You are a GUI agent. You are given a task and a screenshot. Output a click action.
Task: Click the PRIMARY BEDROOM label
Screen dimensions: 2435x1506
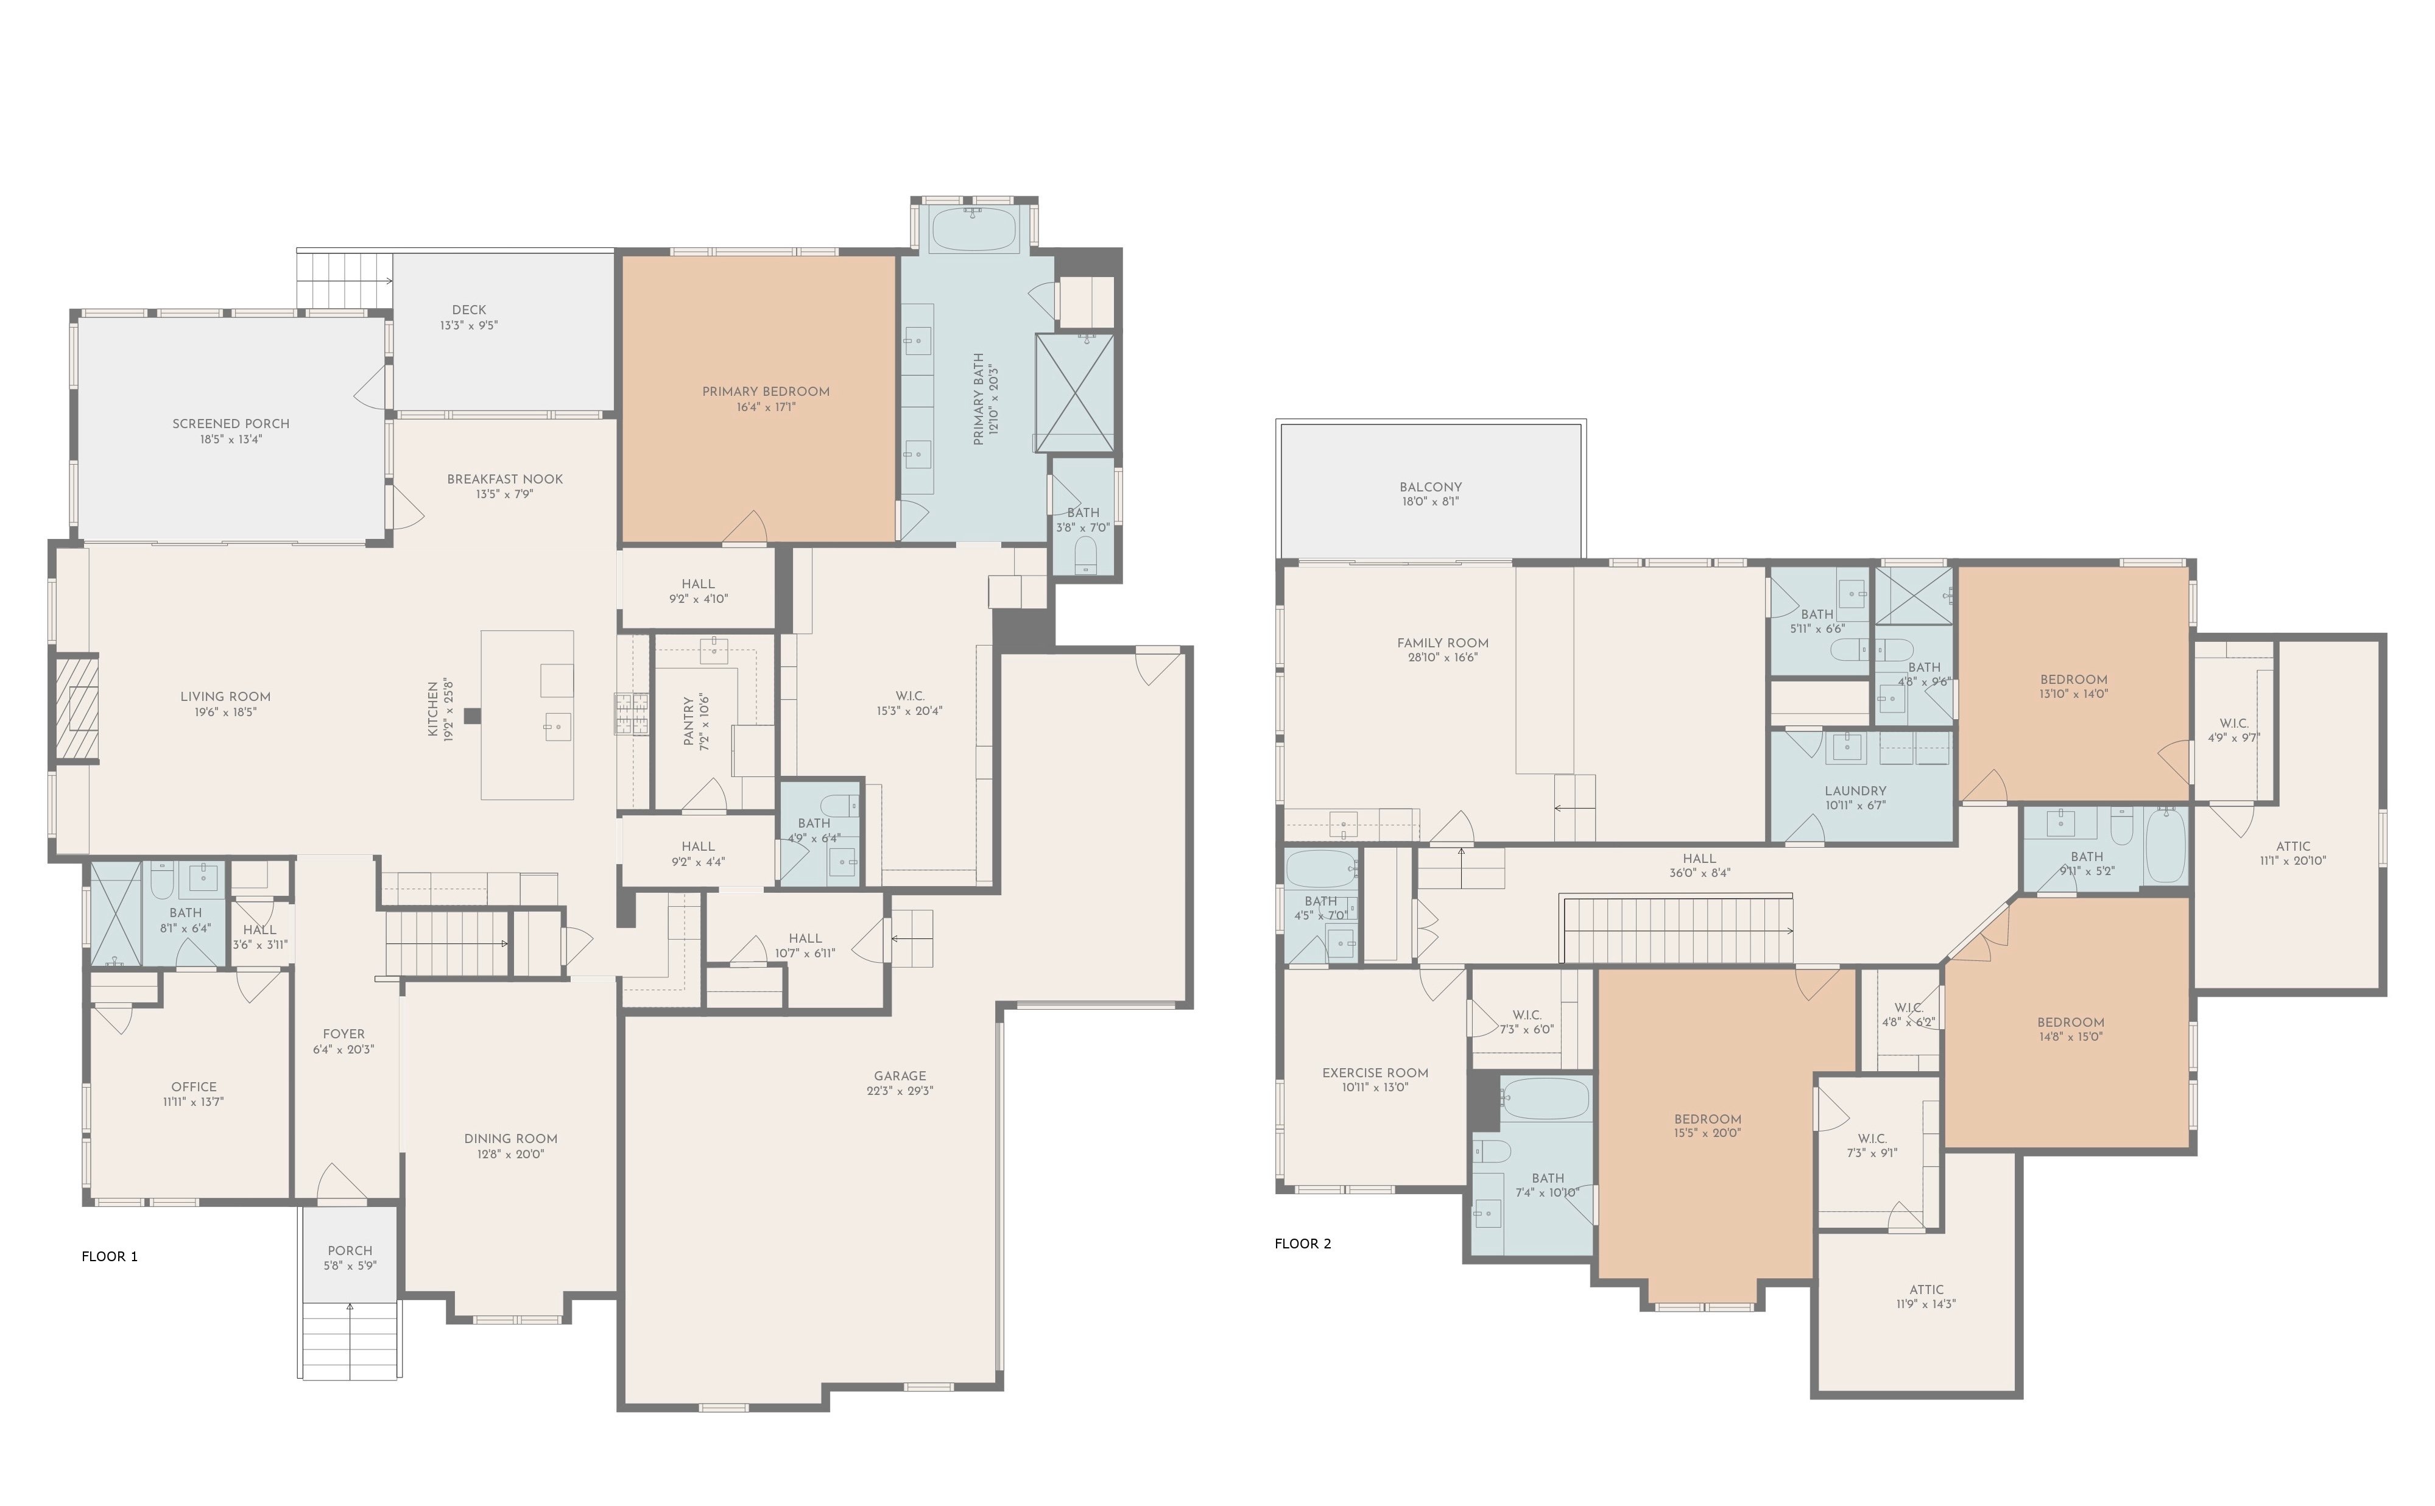click(x=765, y=392)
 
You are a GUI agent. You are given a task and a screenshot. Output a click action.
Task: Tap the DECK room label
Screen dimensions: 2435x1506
click(x=469, y=310)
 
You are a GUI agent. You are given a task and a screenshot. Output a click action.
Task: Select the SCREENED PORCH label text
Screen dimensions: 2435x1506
click(x=231, y=423)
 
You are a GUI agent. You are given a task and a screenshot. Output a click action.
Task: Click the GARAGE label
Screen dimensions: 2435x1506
click(x=900, y=1075)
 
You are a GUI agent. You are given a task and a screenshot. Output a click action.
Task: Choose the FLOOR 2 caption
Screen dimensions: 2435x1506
click(x=1303, y=1243)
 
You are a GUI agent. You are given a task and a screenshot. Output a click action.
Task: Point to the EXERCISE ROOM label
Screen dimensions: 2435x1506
click(x=1375, y=1073)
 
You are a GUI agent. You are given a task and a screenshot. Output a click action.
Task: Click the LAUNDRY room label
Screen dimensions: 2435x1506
click(x=1855, y=791)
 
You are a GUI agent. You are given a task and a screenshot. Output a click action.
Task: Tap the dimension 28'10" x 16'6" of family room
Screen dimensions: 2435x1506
click(x=1442, y=657)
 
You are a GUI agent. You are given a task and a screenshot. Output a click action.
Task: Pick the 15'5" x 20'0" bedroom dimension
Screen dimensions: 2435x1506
click(x=1707, y=1133)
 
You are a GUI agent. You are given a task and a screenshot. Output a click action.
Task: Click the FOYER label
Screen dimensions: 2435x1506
click(x=344, y=1034)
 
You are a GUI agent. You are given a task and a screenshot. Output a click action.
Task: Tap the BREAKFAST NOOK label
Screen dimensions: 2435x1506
click(x=505, y=479)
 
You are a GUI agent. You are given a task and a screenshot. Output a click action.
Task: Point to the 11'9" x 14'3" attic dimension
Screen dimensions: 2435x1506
click(x=1926, y=1304)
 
